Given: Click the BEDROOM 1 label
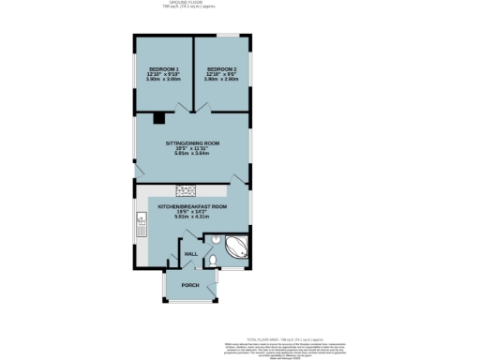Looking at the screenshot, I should pyautogui.click(x=164, y=70).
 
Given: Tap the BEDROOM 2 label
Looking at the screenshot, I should pyautogui.click(x=221, y=70).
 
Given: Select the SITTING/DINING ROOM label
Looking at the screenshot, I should pyautogui.click(x=192, y=143).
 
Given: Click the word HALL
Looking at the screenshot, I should pyautogui.click(x=189, y=254).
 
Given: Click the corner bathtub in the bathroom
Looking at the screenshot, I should pyautogui.click(x=236, y=247).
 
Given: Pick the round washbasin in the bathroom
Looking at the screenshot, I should pyautogui.click(x=216, y=240).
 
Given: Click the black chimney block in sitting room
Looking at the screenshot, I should pyautogui.click(x=159, y=118).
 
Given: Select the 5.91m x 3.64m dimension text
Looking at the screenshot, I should pyautogui.click(x=192, y=154).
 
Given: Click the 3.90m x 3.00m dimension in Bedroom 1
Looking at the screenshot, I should pyautogui.click(x=164, y=81).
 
